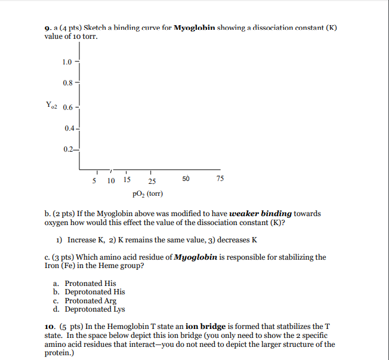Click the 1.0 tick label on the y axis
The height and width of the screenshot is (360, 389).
pos(66,62)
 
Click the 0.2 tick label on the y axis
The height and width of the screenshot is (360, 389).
pos(70,150)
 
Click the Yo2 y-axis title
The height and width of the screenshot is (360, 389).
pos(52,107)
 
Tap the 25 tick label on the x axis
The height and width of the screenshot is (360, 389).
pos(153,181)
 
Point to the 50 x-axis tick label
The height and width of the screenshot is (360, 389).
pos(186,179)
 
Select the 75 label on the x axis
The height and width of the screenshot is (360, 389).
pos(220,179)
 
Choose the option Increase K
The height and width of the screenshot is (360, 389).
pos(87,240)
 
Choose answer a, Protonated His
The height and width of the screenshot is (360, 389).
pos(90,284)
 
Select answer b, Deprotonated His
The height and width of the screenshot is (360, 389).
pos(94,292)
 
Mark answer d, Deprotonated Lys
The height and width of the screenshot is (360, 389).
pos(94,309)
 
